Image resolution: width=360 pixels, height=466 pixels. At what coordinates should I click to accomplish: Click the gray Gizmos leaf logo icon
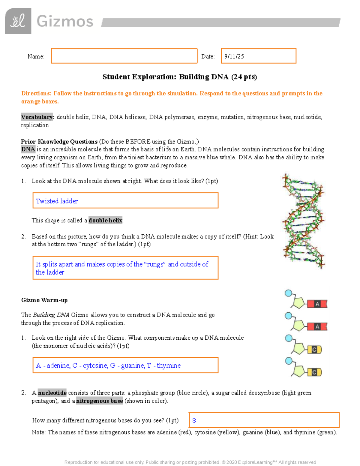pyautogui.click(x=18, y=21)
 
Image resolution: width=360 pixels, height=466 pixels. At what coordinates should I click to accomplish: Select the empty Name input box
pyautogui.click(x=124, y=56)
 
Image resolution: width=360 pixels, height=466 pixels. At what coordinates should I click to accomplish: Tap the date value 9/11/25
pyautogui.click(x=234, y=56)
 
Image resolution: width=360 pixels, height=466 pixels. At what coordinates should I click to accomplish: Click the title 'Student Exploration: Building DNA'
pyautogui.click(x=179, y=77)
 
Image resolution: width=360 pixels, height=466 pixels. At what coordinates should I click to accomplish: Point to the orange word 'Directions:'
pyautogui.click(x=36, y=93)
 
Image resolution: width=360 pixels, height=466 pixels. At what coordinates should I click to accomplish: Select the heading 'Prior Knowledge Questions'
pyautogui.click(x=59, y=141)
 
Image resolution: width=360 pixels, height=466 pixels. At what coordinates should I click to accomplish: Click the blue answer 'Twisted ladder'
pyautogui.click(x=57, y=201)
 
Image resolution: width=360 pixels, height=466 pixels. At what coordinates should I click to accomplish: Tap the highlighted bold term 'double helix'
pyautogui.click(x=105, y=220)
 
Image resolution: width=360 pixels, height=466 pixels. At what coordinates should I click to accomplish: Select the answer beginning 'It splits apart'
pyautogui.click(x=122, y=268)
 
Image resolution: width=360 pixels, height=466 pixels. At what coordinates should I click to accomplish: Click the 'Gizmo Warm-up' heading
pyautogui.click(x=44, y=300)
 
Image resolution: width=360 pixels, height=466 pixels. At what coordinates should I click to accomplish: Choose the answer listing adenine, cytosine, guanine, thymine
pyautogui.click(x=108, y=365)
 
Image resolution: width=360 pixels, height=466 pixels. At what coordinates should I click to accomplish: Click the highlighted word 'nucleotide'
pyautogui.click(x=52, y=393)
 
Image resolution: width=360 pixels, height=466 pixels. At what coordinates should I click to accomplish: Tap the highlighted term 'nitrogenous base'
pyautogui.click(x=99, y=401)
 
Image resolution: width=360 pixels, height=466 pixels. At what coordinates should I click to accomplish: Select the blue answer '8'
pyautogui.click(x=194, y=420)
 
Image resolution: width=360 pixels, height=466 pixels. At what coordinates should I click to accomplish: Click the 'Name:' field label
pyautogui.click(x=36, y=56)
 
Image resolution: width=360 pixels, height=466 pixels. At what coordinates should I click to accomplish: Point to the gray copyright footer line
pyautogui.click(x=190, y=462)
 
